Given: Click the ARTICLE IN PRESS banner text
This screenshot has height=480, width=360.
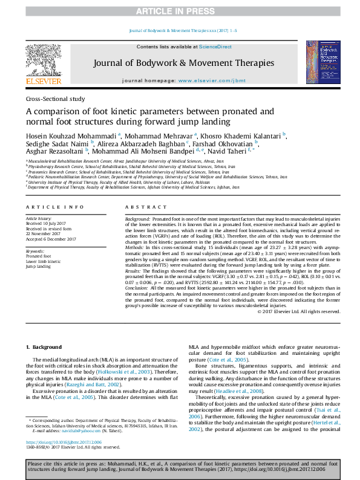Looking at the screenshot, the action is point(180,11).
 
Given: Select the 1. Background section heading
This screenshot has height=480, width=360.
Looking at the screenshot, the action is point(45,346).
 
